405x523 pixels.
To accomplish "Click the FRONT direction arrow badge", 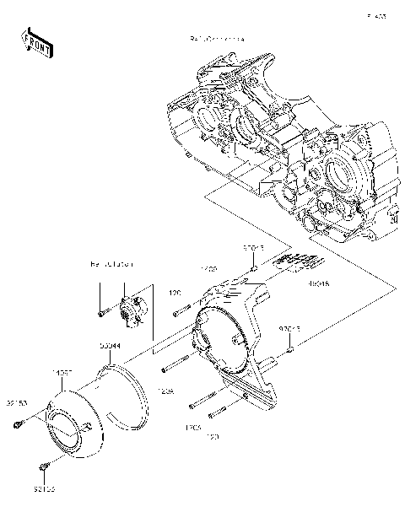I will click(33, 41).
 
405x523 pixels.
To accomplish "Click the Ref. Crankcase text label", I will click(217, 40).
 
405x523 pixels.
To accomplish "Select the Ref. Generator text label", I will click(111, 264).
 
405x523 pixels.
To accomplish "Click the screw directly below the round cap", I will click(44, 466).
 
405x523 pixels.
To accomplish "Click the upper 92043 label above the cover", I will click(254, 249).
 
